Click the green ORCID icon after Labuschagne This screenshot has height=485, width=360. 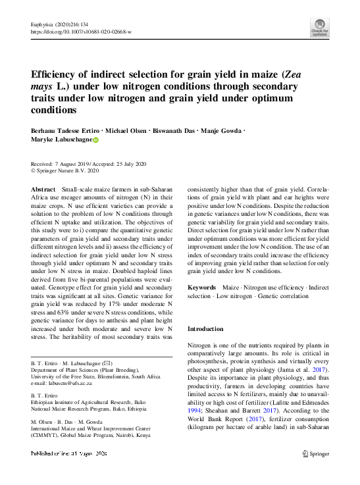coord(95,140)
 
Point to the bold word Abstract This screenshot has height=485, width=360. coord(43,190)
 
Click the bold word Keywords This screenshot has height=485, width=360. coord(201,288)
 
